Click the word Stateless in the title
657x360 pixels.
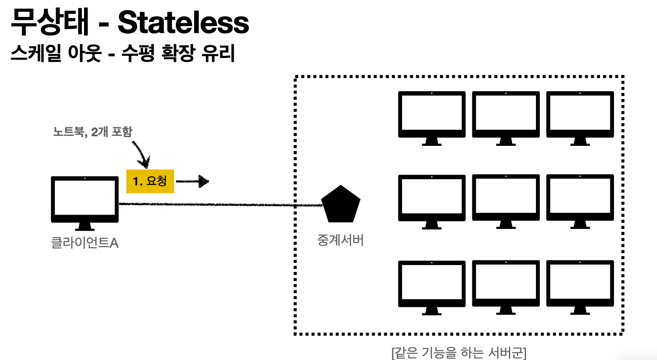[183, 23]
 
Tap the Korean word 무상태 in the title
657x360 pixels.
[50, 23]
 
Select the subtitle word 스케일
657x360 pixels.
[35, 54]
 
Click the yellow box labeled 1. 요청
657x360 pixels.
[150, 181]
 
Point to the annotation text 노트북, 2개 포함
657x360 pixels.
[92, 131]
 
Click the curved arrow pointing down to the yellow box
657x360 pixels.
[142, 154]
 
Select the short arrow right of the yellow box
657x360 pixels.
[192, 181]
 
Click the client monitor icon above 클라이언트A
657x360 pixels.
[84, 199]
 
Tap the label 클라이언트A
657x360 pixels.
[84, 242]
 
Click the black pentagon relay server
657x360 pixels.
[340, 205]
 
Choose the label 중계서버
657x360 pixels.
[340, 240]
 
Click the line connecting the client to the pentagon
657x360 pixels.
[218, 204]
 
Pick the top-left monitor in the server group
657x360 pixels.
[431, 114]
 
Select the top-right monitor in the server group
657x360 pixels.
[580, 114]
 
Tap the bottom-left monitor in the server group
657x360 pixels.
[431, 283]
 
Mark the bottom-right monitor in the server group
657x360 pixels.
[580, 283]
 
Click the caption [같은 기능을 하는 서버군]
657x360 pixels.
[459, 352]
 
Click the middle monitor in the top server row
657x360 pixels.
[506, 114]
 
